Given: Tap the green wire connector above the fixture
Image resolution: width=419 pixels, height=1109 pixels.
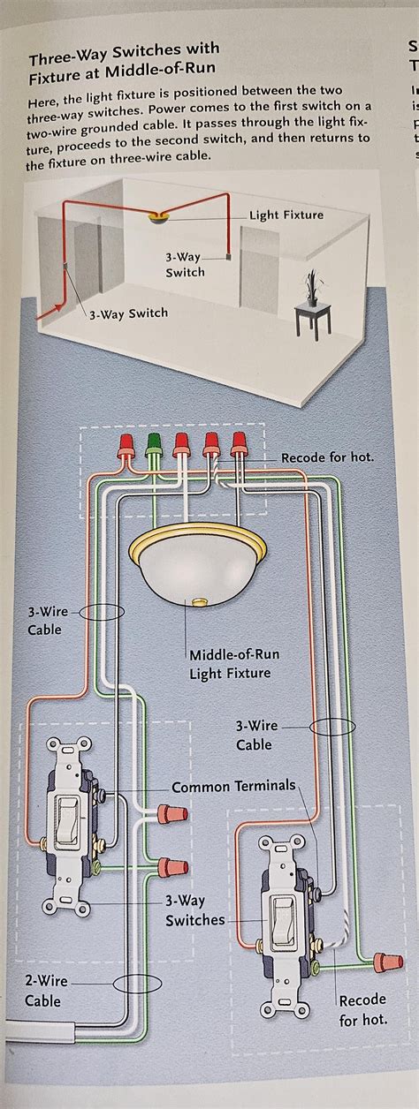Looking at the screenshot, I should [156, 441].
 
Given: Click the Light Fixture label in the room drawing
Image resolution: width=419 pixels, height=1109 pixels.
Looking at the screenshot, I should [286, 215].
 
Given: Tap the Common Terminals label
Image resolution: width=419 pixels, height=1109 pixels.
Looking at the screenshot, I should [233, 786].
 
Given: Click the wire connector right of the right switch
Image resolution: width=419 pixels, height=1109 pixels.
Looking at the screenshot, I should [382, 959].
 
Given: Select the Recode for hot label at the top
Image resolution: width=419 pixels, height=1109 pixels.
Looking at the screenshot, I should [327, 457].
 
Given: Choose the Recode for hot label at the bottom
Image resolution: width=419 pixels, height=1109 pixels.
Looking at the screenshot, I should [362, 1010].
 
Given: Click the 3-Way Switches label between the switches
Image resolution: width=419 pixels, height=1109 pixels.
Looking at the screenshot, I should [194, 910].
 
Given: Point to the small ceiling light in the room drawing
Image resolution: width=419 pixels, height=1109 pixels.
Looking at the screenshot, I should [159, 217].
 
